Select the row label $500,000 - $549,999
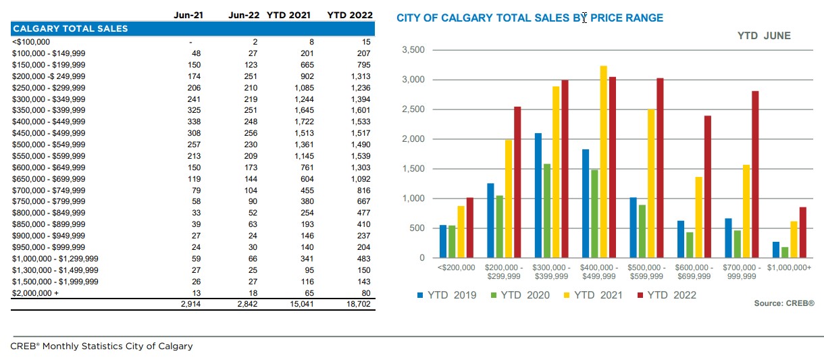coord(49,145)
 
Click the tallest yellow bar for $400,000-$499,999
coord(603,161)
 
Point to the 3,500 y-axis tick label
coord(413,50)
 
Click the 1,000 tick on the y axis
coord(413,199)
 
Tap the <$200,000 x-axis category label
coord(457,268)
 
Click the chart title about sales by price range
coord(530,18)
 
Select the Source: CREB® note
coord(784,304)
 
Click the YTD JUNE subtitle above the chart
coord(763,36)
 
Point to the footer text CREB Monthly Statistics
coord(101,346)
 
